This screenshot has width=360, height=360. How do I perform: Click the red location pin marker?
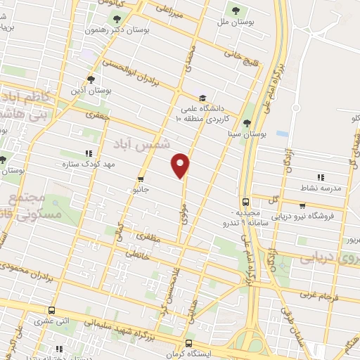click(181, 165)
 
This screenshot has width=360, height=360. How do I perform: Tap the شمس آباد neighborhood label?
click(147, 144)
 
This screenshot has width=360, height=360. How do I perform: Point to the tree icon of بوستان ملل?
click(234, 11)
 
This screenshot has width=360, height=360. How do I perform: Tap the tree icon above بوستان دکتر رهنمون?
click(117, 20)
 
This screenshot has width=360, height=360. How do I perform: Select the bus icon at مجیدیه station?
click(245, 200)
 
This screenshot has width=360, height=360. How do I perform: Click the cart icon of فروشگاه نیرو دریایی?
click(302, 206)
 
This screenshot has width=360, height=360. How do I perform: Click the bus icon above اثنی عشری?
click(51, 310)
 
